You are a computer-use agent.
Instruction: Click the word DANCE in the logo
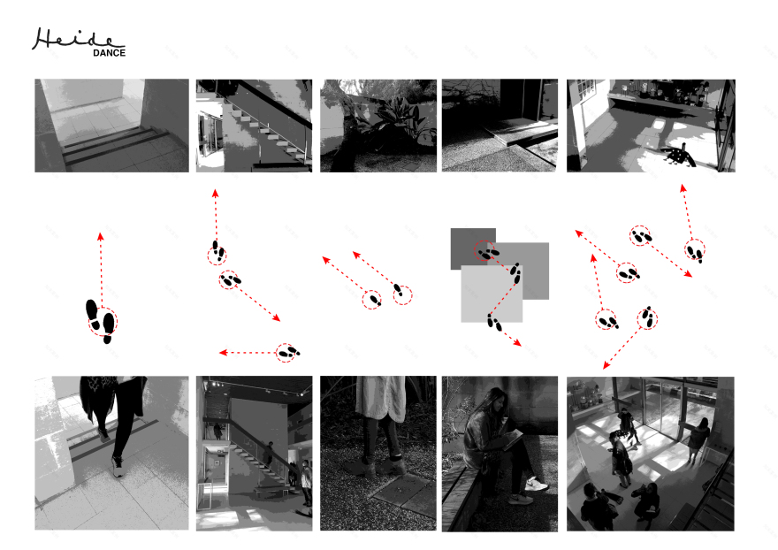[x=109, y=53]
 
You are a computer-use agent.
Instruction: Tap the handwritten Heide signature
[x=77, y=39]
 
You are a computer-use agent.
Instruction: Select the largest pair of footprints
[x=101, y=321]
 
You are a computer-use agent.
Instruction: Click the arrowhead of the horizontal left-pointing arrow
[x=223, y=353]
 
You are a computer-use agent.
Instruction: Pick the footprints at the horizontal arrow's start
[x=288, y=353]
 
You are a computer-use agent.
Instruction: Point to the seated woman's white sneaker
[x=536, y=484]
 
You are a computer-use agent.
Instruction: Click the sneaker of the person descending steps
[x=118, y=467]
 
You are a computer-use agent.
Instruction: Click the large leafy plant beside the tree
[x=397, y=119]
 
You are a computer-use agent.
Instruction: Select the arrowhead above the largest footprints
[x=100, y=236]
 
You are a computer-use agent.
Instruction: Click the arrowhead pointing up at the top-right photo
[x=683, y=188]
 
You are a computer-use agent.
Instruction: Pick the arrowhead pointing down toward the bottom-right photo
[x=606, y=365]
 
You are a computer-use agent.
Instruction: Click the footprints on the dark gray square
[x=487, y=253]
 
